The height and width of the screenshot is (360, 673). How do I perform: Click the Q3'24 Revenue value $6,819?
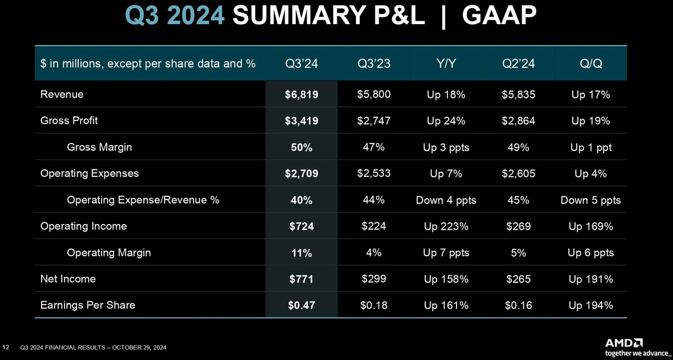301,94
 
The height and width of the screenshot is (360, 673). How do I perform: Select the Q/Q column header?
590,64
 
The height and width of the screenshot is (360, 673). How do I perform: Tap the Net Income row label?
68,279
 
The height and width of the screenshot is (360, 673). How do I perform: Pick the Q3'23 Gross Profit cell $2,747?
374,121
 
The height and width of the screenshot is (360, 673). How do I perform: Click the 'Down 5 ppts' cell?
590,200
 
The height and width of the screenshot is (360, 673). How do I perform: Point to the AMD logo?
624,343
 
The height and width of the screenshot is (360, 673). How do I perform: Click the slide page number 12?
6,347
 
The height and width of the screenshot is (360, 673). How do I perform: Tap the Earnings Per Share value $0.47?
301,306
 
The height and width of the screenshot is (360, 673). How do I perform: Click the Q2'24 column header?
519,64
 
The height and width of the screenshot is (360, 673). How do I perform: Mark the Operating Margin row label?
109,253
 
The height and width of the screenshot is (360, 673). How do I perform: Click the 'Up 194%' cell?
590,306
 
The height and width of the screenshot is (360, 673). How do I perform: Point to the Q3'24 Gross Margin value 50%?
301,147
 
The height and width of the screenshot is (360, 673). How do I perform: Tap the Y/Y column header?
446,64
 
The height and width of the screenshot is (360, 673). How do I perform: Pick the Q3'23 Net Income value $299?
374,279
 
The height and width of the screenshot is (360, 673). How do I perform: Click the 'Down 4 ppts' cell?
446,200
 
